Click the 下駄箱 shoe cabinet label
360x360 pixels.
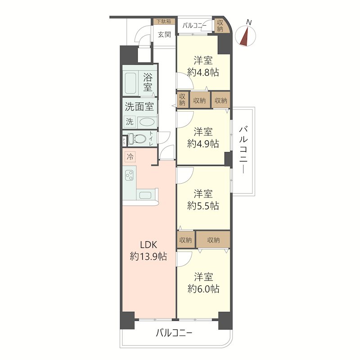pyautogui.click(x=164, y=21)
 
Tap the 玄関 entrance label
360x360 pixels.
pyautogui.click(x=164, y=35)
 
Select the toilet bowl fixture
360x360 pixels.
pyautogui.click(x=137, y=139)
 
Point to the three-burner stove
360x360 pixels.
pyautogui.click(x=130, y=175)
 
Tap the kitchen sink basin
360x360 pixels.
pyautogui.click(x=145, y=195)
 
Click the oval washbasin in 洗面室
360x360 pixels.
pyautogui.click(x=147, y=121)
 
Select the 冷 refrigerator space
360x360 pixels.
pyautogui.click(x=130, y=157)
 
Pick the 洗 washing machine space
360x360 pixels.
pyautogui.click(x=130, y=121)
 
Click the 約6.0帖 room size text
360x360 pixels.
pyautogui.click(x=203, y=288)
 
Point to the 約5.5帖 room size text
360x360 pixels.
pyautogui.click(x=203, y=206)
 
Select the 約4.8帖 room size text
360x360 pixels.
pyautogui.click(x=203, y=72)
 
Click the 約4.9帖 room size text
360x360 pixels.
pyautogui.click(x=203, y=144)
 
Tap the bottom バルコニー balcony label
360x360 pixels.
pyautogui.click(x=174, y=333)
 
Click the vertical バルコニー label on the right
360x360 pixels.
pyautogui.click(x=243, y=150)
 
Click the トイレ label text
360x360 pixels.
pyautogui.click(x=151, y=138)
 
